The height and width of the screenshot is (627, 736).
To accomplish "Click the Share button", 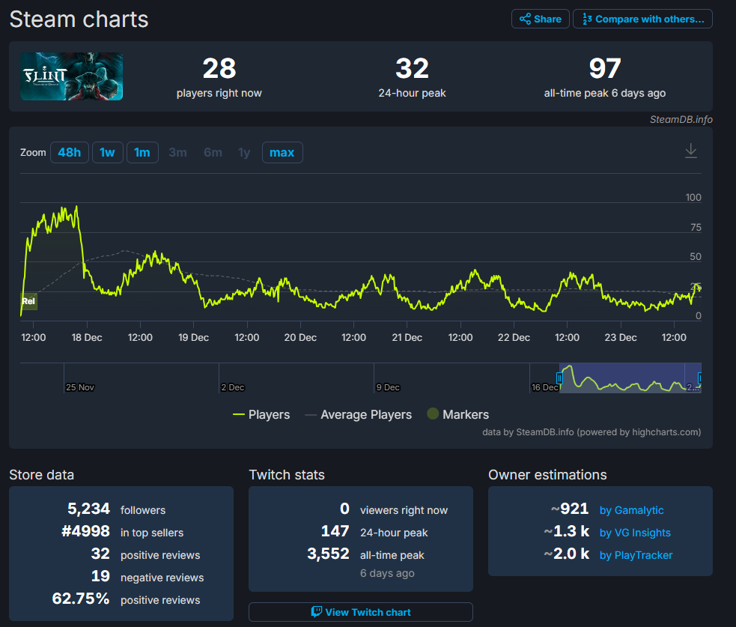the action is pos(541,19).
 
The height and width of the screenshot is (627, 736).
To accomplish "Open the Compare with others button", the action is pos(642,19).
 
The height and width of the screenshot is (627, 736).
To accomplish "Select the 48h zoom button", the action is pos(70,153).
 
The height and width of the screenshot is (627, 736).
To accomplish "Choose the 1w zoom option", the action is pos(108,153).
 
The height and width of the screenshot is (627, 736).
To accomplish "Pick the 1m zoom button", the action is pos(142,153).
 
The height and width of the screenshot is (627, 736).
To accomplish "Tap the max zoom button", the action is pos(282,153).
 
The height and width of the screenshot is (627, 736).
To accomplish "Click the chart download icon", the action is pos(691,151).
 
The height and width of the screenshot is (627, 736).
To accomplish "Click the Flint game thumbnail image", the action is pos(72,76).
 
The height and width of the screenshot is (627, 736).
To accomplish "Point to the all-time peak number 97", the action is pos(605,69).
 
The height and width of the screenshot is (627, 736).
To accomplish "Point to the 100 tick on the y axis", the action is pos(693,197).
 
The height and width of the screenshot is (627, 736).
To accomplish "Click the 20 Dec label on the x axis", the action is pos(300,337).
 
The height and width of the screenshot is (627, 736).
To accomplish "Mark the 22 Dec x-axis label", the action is pos(514,337).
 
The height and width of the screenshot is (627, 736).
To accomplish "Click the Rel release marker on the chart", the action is pos(28,302).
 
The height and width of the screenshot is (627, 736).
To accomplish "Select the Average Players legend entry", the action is pos(359,415).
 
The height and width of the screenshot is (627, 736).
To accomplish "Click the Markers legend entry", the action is pos(458,414).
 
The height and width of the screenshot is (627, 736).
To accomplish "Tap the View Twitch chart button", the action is pos(360,612).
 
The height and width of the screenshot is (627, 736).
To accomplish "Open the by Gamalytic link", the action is pos(631,510).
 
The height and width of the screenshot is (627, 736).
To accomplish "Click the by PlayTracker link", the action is pos(636,555).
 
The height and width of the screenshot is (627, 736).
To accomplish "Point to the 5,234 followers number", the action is pos(88,509).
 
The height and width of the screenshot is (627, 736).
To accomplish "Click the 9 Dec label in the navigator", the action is pos(388,387).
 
